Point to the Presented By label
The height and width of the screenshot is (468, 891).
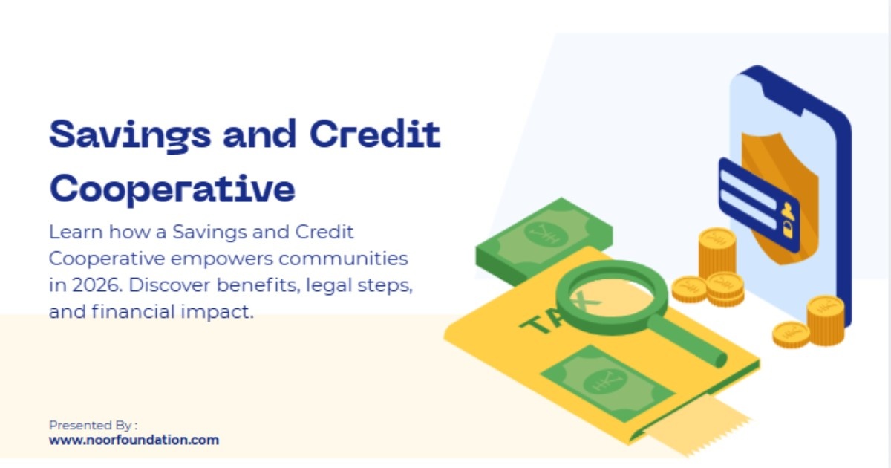pyautogui.click(x=93, y=425)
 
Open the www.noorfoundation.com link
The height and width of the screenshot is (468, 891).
pyautogui.click(x=134, y=440)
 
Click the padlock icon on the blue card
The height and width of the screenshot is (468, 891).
pyautogui.click(x=787, y=230)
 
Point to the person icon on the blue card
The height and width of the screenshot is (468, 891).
pyautogui.click(x=786, y=210)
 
